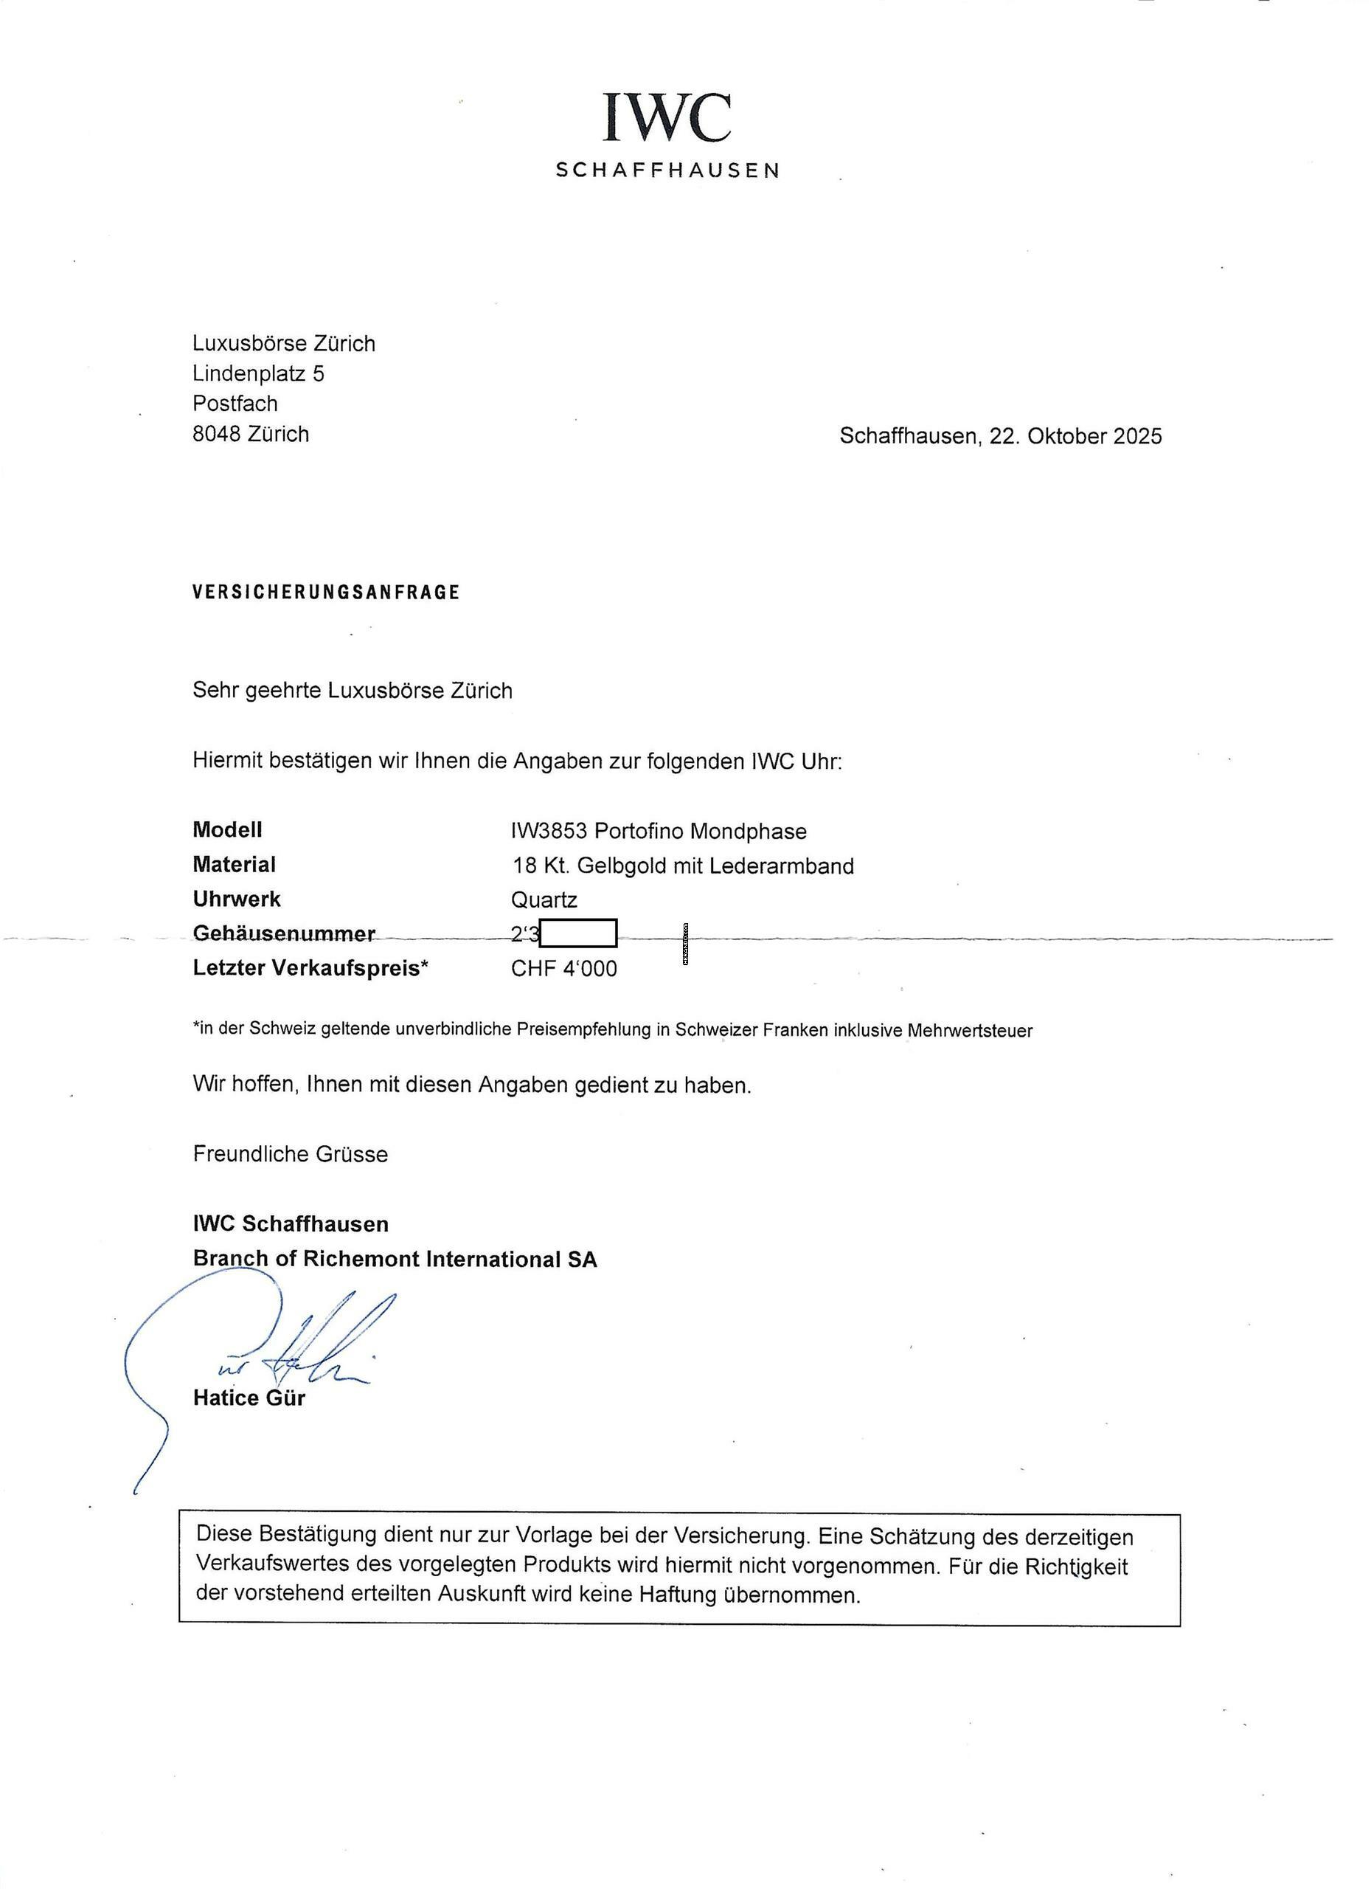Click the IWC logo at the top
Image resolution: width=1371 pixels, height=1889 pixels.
[x=667, y=118]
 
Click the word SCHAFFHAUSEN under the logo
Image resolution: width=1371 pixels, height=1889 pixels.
[x=667, y=170]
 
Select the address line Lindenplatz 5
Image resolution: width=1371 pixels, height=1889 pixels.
[x=258, y=373]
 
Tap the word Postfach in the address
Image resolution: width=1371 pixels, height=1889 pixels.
[x=235, y=403]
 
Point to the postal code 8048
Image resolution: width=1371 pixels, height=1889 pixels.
[x=215, y=434]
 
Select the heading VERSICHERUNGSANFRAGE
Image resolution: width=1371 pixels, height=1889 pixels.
[x=325, y=593]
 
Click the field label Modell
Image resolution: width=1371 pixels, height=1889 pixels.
[x=227, y=829]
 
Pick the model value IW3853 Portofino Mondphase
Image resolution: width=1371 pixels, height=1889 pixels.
[x=659, y=831]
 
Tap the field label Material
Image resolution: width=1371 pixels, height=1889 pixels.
[x=234, y=865]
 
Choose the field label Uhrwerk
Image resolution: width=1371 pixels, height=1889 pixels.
[x=237, y=899]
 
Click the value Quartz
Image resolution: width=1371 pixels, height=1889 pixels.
[x=544, y=899]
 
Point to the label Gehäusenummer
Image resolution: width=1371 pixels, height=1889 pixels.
[x=284, y=933]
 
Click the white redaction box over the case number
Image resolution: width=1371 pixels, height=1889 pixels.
[x=577, y=933]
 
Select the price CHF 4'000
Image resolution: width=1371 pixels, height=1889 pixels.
[x=563, y=969]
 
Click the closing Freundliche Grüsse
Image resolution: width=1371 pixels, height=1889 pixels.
[x=290, y=1153]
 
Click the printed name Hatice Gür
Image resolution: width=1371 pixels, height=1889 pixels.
[x=249, y=1398]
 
